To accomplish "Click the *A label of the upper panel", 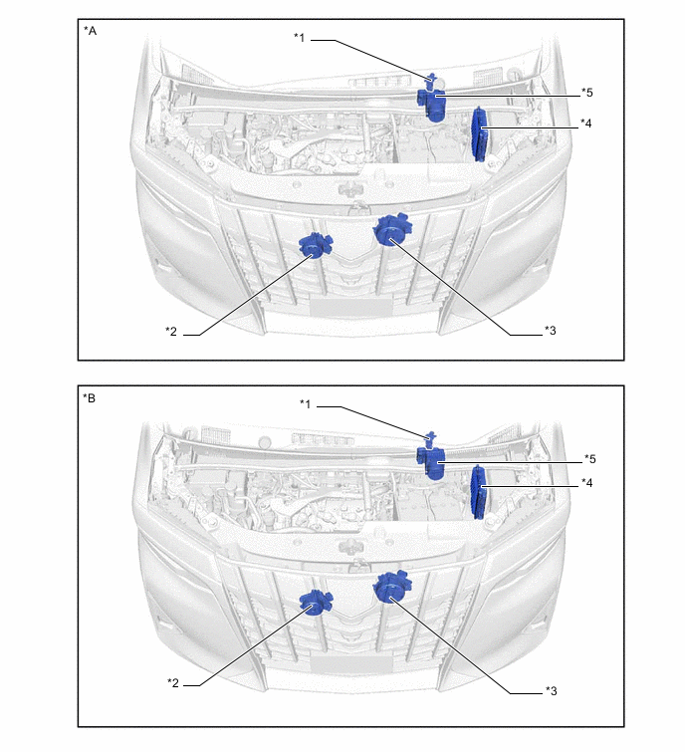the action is pos(91,31).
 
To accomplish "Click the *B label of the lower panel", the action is pos(90,398).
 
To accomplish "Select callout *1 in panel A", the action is pos(299,38).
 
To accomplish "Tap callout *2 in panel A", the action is pos(171,332).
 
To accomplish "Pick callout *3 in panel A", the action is pos(551,331).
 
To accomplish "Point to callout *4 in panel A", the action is pos(585,124).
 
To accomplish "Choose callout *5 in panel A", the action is pos(587,92).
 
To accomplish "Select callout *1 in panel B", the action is pos(306,403).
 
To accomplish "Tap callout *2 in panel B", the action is pos(173,682).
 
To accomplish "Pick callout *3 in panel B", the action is pos(552,690).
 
